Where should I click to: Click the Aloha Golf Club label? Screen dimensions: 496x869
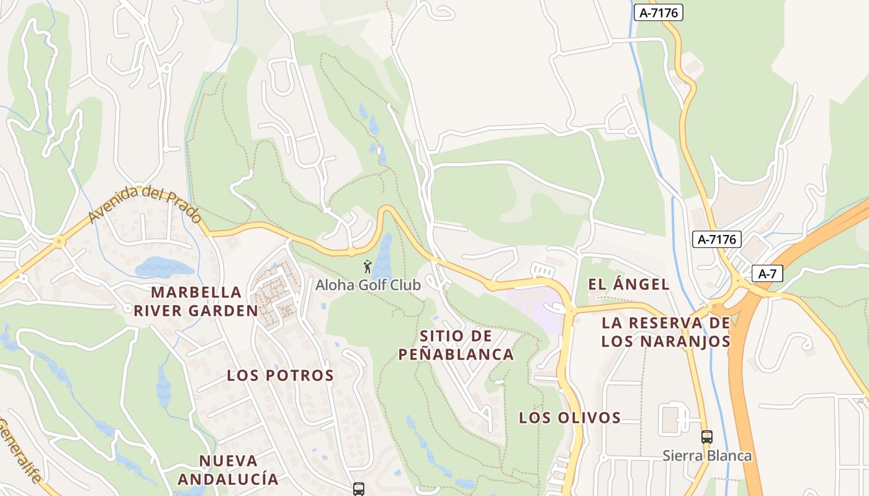click(367, 285)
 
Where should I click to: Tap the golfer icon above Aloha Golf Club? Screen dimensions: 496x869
click(368, 267)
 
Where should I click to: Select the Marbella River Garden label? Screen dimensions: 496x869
click(196, 301)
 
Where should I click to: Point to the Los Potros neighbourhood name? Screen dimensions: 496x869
click(280, 375)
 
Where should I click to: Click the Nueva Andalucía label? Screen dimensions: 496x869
click(228, 470)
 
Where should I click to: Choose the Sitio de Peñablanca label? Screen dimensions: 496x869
click(456, 345)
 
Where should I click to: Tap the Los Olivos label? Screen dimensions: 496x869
click(570, 418)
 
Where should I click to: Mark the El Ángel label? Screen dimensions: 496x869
click(629, 285)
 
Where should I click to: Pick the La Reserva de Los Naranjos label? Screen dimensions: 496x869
click(665, 332)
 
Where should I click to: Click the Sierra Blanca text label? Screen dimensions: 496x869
click(707, 456)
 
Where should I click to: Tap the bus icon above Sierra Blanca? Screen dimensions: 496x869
click(707, 437)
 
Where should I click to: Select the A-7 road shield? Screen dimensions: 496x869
click(768, 273)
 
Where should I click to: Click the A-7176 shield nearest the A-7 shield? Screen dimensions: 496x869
click(717, 239)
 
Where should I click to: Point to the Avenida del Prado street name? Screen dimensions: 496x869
click(145, 205)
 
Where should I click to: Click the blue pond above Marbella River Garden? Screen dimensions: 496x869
click(164, 268)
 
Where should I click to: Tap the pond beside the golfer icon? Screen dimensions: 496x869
click(384, 257)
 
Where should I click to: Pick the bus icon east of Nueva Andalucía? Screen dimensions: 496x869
click(359, 489)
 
